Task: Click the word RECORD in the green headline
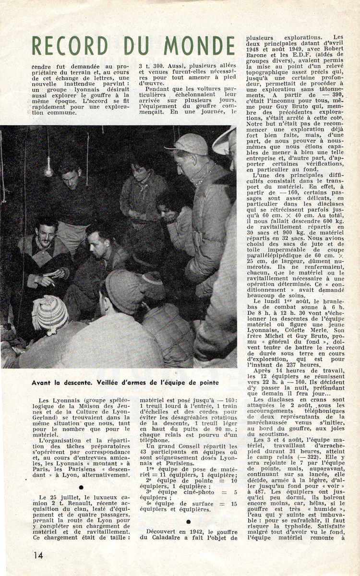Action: click(70, 46)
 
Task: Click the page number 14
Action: click(38, 555)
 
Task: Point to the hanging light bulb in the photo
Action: click(48, 169)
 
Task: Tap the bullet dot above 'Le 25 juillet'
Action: click(81, 487)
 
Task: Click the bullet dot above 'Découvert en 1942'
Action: click(189, 521)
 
